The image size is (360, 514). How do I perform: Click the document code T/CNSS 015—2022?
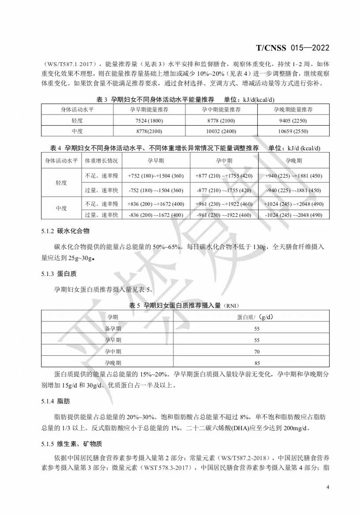292,48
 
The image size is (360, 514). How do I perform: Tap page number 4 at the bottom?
328,487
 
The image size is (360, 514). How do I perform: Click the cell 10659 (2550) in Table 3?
292,131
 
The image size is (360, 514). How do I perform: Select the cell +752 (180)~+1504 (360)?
155,176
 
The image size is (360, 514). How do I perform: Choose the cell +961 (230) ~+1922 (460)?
224,204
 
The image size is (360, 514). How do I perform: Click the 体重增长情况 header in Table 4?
101,161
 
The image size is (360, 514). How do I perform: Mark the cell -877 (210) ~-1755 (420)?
224,190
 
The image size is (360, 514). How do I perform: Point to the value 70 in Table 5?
257,352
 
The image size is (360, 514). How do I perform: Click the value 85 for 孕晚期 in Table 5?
257,363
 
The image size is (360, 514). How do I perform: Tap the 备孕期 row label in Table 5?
113,329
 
